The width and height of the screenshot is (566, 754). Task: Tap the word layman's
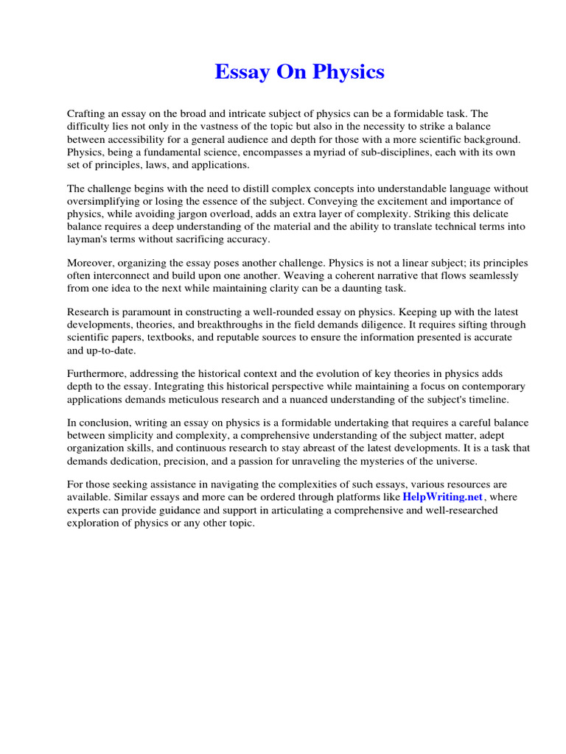[x=88, y=239]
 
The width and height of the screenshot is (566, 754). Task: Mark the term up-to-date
[x=107, y=350]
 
